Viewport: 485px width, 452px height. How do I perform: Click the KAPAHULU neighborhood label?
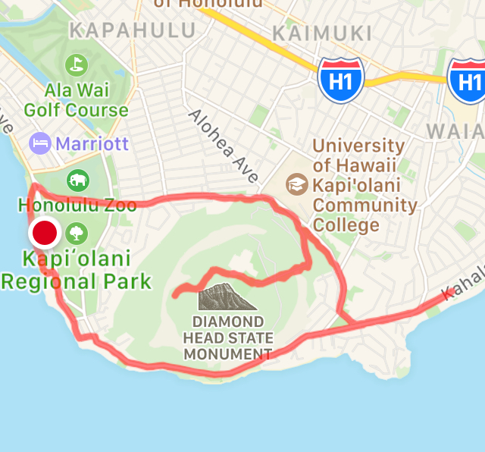132,30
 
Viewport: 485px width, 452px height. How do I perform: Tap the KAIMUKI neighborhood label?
322,33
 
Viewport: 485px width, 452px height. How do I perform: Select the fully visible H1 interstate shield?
341,80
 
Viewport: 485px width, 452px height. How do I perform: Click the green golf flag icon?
76,65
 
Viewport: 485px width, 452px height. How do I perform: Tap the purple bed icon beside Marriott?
39,143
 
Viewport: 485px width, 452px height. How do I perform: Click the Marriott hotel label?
92,143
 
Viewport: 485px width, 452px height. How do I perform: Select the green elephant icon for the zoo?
78,180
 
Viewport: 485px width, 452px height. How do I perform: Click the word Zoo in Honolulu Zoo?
121,206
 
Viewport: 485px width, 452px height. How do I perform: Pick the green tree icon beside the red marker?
77,232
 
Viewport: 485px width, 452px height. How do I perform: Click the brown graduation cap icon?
296,184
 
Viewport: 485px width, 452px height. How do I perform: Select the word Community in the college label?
365,205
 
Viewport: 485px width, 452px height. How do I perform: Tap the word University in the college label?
358,145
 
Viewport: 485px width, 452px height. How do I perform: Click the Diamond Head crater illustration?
227,297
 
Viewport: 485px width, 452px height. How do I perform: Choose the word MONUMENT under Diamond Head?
227,354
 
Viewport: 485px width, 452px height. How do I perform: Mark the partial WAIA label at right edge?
455,130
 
